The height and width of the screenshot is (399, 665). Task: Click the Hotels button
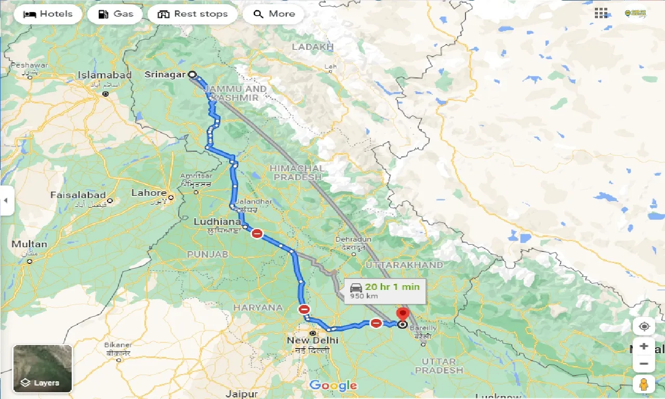(48, 14)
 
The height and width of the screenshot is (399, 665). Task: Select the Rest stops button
(192, 14)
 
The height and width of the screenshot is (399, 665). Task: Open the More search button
(274, 14)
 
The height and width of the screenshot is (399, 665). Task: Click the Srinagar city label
(165, 75)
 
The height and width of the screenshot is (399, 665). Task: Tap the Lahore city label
(149, 193)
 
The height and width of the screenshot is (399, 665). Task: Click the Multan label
(29, 244)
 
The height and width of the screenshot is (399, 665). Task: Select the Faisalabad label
(78, 195)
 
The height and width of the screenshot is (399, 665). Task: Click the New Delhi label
(312, 340)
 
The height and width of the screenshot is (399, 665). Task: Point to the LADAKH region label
(312, 47)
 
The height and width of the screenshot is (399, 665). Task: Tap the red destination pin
(403, 315)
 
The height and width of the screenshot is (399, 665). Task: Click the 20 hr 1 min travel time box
(385, 290)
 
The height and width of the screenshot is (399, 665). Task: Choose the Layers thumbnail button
(43, 369)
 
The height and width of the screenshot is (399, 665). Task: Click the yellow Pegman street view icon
(644, 384)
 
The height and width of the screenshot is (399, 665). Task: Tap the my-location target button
(644, 326)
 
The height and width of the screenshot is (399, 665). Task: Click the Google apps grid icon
(601, 14)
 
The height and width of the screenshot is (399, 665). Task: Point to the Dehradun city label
(353, 239)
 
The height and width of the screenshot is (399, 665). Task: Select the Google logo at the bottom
(333, 385)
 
